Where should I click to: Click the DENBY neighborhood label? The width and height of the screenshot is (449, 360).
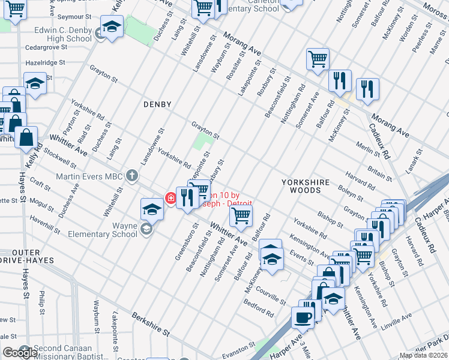click(157, 104)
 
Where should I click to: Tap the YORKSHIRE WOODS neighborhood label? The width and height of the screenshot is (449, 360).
click(306, 187)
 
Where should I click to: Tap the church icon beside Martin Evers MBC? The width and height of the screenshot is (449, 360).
click(132, 176)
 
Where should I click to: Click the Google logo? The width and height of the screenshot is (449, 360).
click(20, 352)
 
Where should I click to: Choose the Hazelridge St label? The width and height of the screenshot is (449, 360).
click(45, 62)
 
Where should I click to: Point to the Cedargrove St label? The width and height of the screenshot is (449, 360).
click(46, 47)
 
